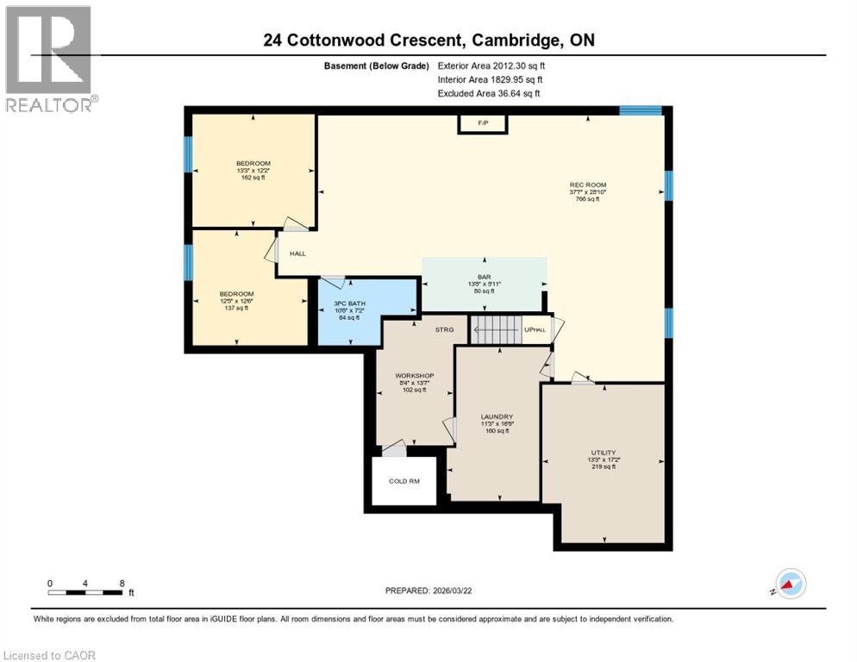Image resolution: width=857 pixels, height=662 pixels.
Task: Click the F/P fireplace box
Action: pos(482,124)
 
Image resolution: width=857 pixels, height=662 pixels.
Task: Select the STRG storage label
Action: pos(444,328)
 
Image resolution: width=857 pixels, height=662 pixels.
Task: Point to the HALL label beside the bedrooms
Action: pos(297,253)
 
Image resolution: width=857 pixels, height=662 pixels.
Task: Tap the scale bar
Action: pos(85,592)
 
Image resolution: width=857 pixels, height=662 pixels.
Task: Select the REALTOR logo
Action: pos(51,59)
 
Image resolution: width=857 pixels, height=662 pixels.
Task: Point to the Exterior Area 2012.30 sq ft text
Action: pos(491,66)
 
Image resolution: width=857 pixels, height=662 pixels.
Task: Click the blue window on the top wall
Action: pos(641,110)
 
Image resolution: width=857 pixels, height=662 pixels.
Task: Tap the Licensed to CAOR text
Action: pos(50,655)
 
